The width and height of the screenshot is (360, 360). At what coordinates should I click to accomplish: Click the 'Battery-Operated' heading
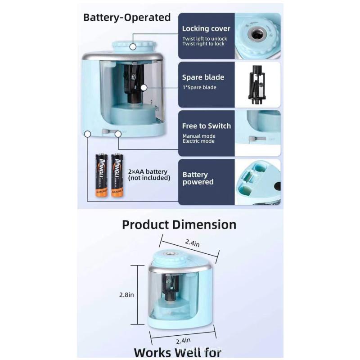[127, 18]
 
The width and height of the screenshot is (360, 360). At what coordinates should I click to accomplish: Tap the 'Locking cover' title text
[206, 28]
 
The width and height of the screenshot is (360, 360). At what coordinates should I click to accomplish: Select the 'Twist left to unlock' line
[205, 38]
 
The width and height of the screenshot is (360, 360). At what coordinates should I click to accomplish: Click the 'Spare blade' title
[203, 77]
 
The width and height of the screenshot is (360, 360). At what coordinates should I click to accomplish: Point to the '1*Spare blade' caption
[199, 87]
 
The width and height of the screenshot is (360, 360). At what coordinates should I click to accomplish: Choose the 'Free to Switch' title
[207, 126]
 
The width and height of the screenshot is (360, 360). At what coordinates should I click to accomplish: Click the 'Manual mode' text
[199, 136]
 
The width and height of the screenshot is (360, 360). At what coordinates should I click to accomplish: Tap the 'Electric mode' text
[198, 141]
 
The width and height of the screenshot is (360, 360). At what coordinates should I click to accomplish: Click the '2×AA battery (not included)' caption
[149, 175]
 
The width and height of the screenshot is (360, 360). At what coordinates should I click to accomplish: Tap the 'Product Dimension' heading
[179, 225]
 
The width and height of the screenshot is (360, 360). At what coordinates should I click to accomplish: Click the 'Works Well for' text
[178, 352]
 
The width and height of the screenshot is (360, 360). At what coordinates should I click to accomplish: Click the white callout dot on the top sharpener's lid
[133, 46]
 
